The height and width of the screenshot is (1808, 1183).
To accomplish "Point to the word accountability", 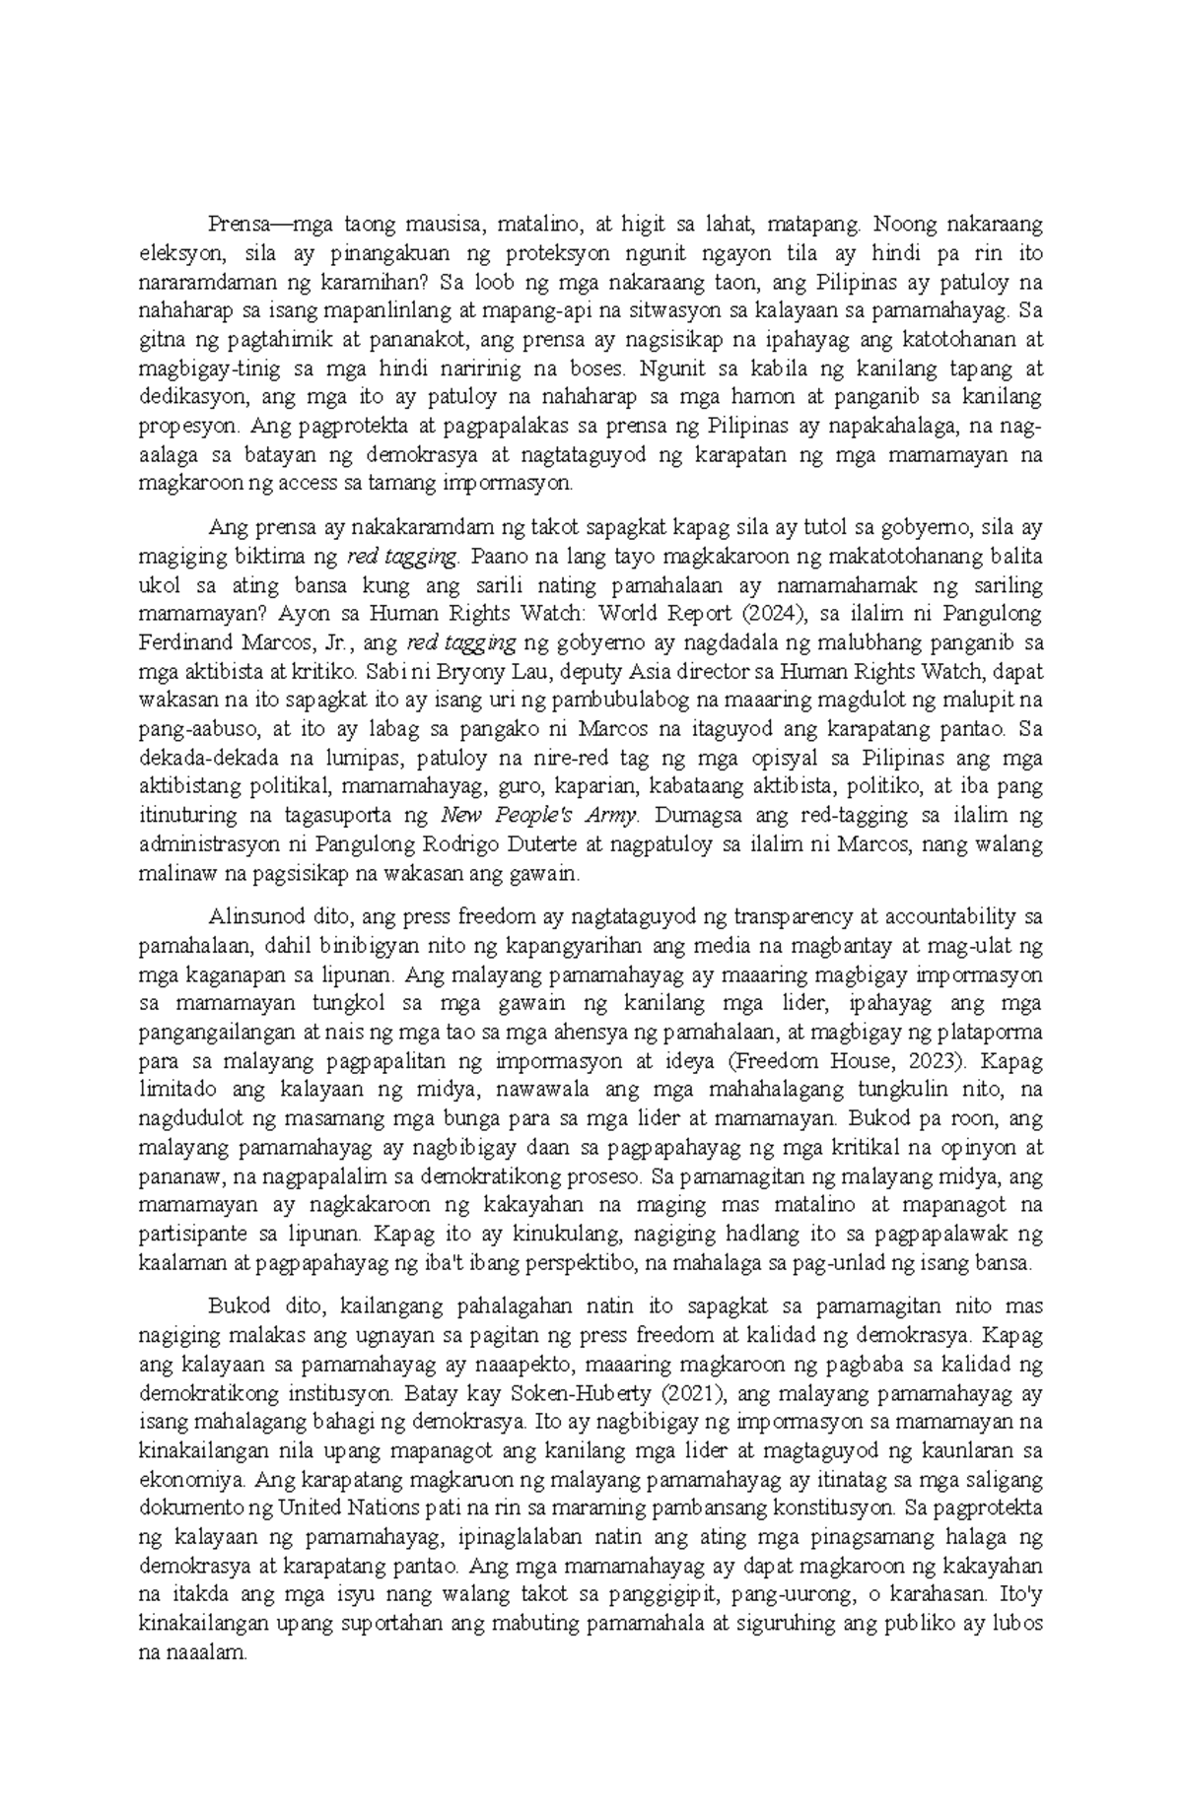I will click(951, 917).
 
